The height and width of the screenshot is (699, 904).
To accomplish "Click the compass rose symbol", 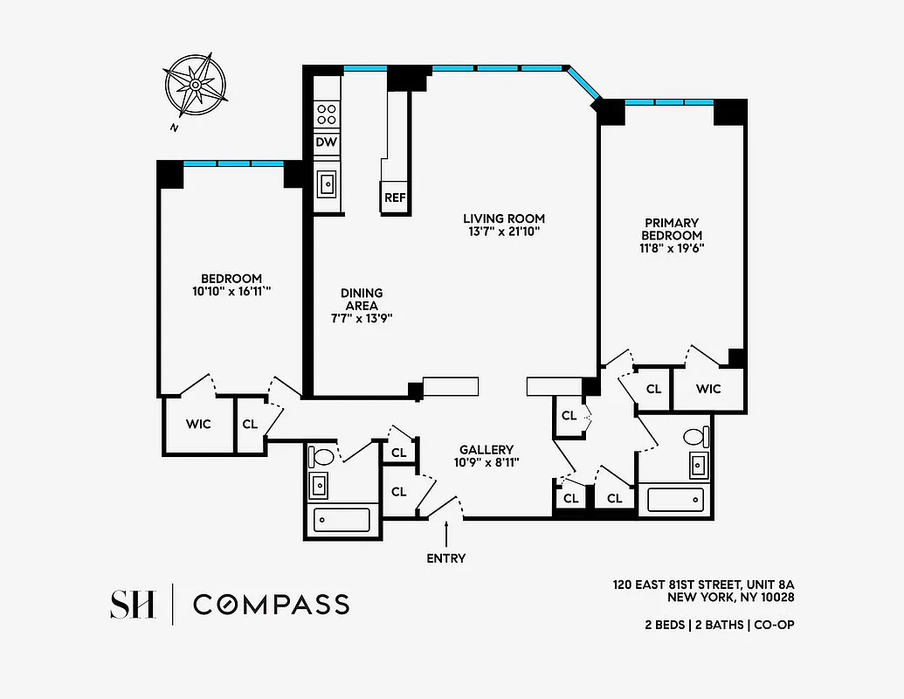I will click(195, 86).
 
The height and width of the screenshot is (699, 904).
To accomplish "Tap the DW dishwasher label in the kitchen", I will click(326, 142).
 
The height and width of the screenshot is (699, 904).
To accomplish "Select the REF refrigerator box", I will click(395, 197).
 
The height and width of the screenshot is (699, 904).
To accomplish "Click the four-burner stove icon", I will click(327, 114).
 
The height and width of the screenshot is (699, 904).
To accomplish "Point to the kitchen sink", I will click(327, 183).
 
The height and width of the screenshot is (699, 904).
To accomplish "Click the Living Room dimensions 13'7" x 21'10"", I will click(503, 232).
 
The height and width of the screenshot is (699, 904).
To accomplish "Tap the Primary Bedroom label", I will click(672, 229).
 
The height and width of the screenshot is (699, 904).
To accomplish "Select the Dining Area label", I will click(362, 300).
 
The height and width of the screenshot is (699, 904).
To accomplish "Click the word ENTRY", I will click(445, 558).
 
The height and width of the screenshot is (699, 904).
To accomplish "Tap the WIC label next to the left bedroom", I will click(198, 425).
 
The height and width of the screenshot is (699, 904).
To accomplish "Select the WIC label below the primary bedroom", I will click(708, 389).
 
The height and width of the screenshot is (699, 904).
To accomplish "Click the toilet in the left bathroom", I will click(321, 456).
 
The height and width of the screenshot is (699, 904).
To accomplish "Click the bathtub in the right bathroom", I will click(675, 500).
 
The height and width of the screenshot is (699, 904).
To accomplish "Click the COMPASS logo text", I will click(271, 604).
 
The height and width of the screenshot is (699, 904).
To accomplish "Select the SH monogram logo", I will click(133, 604).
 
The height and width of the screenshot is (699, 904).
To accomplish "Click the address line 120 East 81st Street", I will click(703, 584).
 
